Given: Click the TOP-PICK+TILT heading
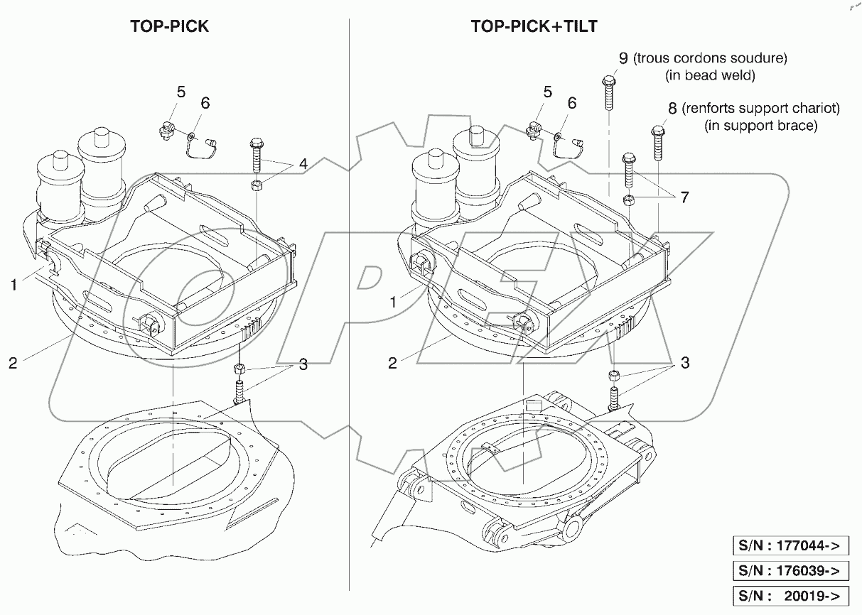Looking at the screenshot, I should (534, 27).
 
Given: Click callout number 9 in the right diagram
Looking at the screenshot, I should (623, 58).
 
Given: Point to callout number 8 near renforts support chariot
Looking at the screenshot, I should (672, 109).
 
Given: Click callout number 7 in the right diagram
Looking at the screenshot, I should (684, 197).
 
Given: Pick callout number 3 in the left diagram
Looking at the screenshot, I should (303, 365).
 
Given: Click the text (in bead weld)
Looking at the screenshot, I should (709, 75).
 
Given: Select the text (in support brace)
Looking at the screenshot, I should (760, 126).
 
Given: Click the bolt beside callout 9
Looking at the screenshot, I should (609, 92).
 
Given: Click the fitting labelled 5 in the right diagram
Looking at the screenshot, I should (534, 129).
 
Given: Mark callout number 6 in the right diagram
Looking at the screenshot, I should (571, 104).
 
